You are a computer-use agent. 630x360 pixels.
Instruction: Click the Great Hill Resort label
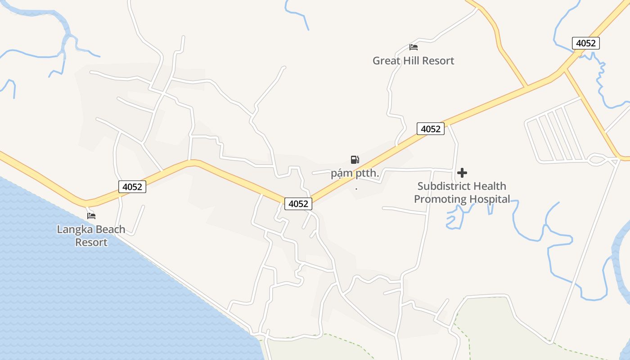coord(413,61)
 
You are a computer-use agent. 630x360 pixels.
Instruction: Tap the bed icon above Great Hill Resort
coord(414,47)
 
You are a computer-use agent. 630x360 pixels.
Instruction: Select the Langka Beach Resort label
coord(91,236)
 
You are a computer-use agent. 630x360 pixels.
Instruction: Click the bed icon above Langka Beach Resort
coord(91,216)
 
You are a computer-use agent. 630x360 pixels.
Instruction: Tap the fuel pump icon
coord(355,159)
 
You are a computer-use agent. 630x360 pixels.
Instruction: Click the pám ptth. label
coord(355,174)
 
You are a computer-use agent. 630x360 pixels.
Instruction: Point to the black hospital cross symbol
coord(462,173)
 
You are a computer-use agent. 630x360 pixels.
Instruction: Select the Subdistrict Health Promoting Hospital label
coord(462,193)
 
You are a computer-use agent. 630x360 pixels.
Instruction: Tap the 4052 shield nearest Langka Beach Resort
coord(132,187)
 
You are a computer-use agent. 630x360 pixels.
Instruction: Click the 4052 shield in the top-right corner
coord(586,43)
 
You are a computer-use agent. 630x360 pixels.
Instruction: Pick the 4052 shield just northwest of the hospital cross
coord(431,129)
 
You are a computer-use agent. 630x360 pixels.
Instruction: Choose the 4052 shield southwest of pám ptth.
coord(298,204)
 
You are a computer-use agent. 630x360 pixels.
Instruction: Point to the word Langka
coord(72,229)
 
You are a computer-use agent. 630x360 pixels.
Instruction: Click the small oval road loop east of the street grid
coord(597,159)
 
